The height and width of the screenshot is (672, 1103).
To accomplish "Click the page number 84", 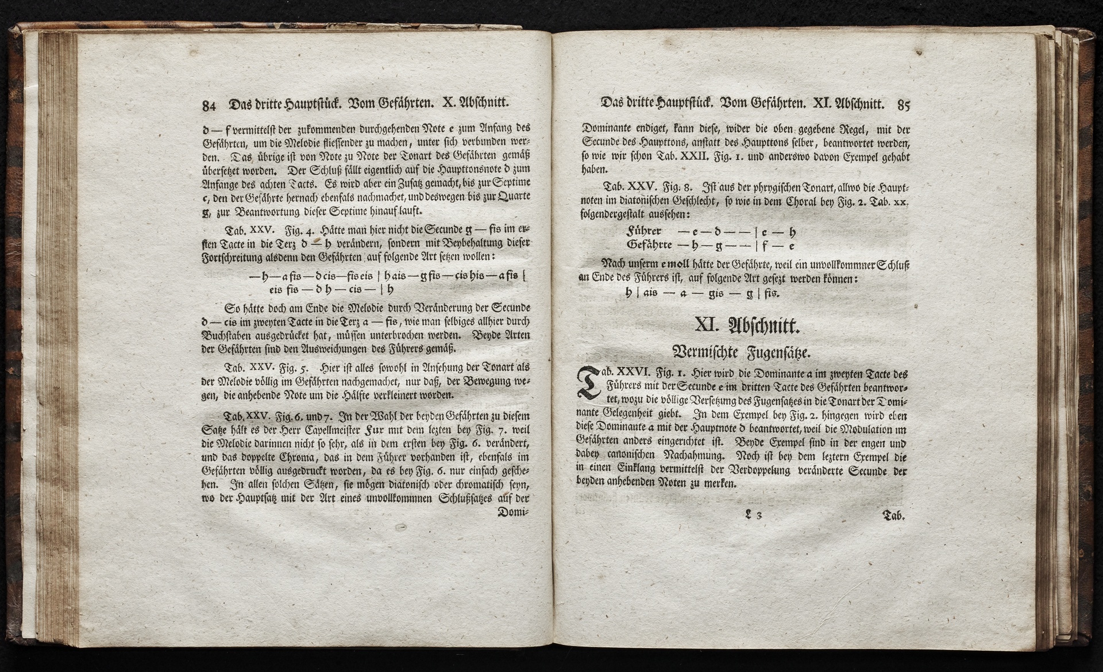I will (x=208, y=106).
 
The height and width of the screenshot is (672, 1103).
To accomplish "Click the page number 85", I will (x=903, y=105).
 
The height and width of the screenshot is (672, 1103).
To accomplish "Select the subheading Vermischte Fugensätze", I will (x=746, y=352).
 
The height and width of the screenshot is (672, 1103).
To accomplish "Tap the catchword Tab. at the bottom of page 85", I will (x=894, y=516).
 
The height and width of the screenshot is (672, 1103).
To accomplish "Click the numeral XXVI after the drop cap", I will (x=632, y=373).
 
